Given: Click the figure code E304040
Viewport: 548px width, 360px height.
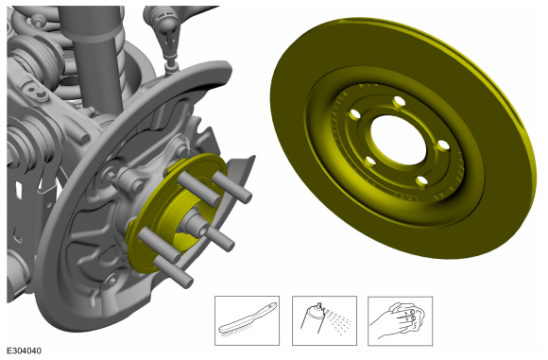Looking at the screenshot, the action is tap(24, 351).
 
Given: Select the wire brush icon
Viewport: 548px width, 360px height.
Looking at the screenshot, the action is tap(248, 320).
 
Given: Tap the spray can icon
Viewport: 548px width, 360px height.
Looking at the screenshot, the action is tap(324, 319).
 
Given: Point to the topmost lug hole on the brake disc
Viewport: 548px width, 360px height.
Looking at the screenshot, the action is tap(399, 102).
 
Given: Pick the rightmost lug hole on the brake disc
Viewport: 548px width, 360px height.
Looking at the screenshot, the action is tap(443, 146).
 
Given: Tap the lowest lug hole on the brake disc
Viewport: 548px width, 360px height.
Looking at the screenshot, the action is tap(421, 181).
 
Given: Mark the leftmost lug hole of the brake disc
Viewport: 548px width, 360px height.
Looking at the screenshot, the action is tap(354, 114).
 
